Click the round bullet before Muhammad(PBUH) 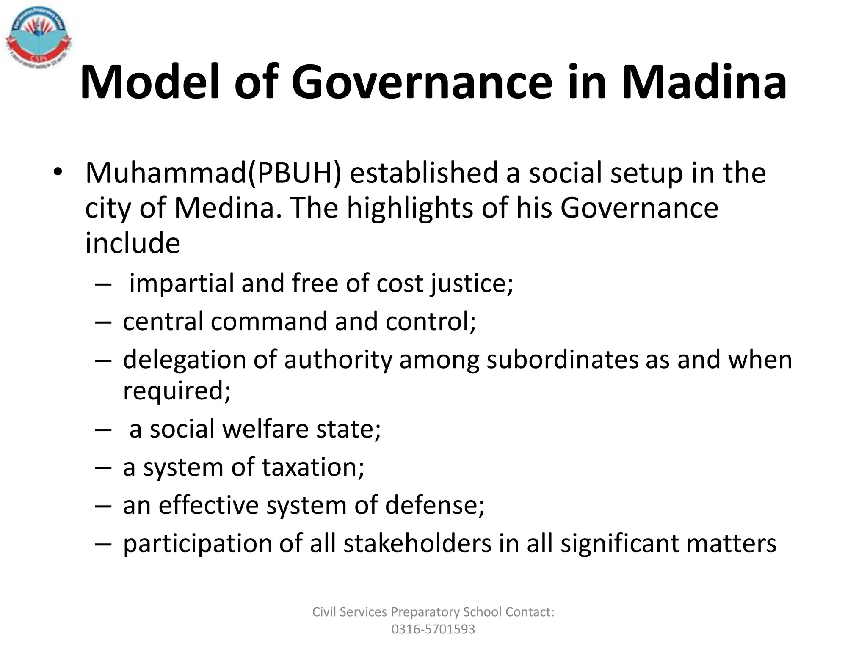(x=58, y=172)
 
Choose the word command (x=269, y=321)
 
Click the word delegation (x=185, y=360)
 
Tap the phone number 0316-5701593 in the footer (x=433, y=629)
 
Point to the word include (x=133, y=243)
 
